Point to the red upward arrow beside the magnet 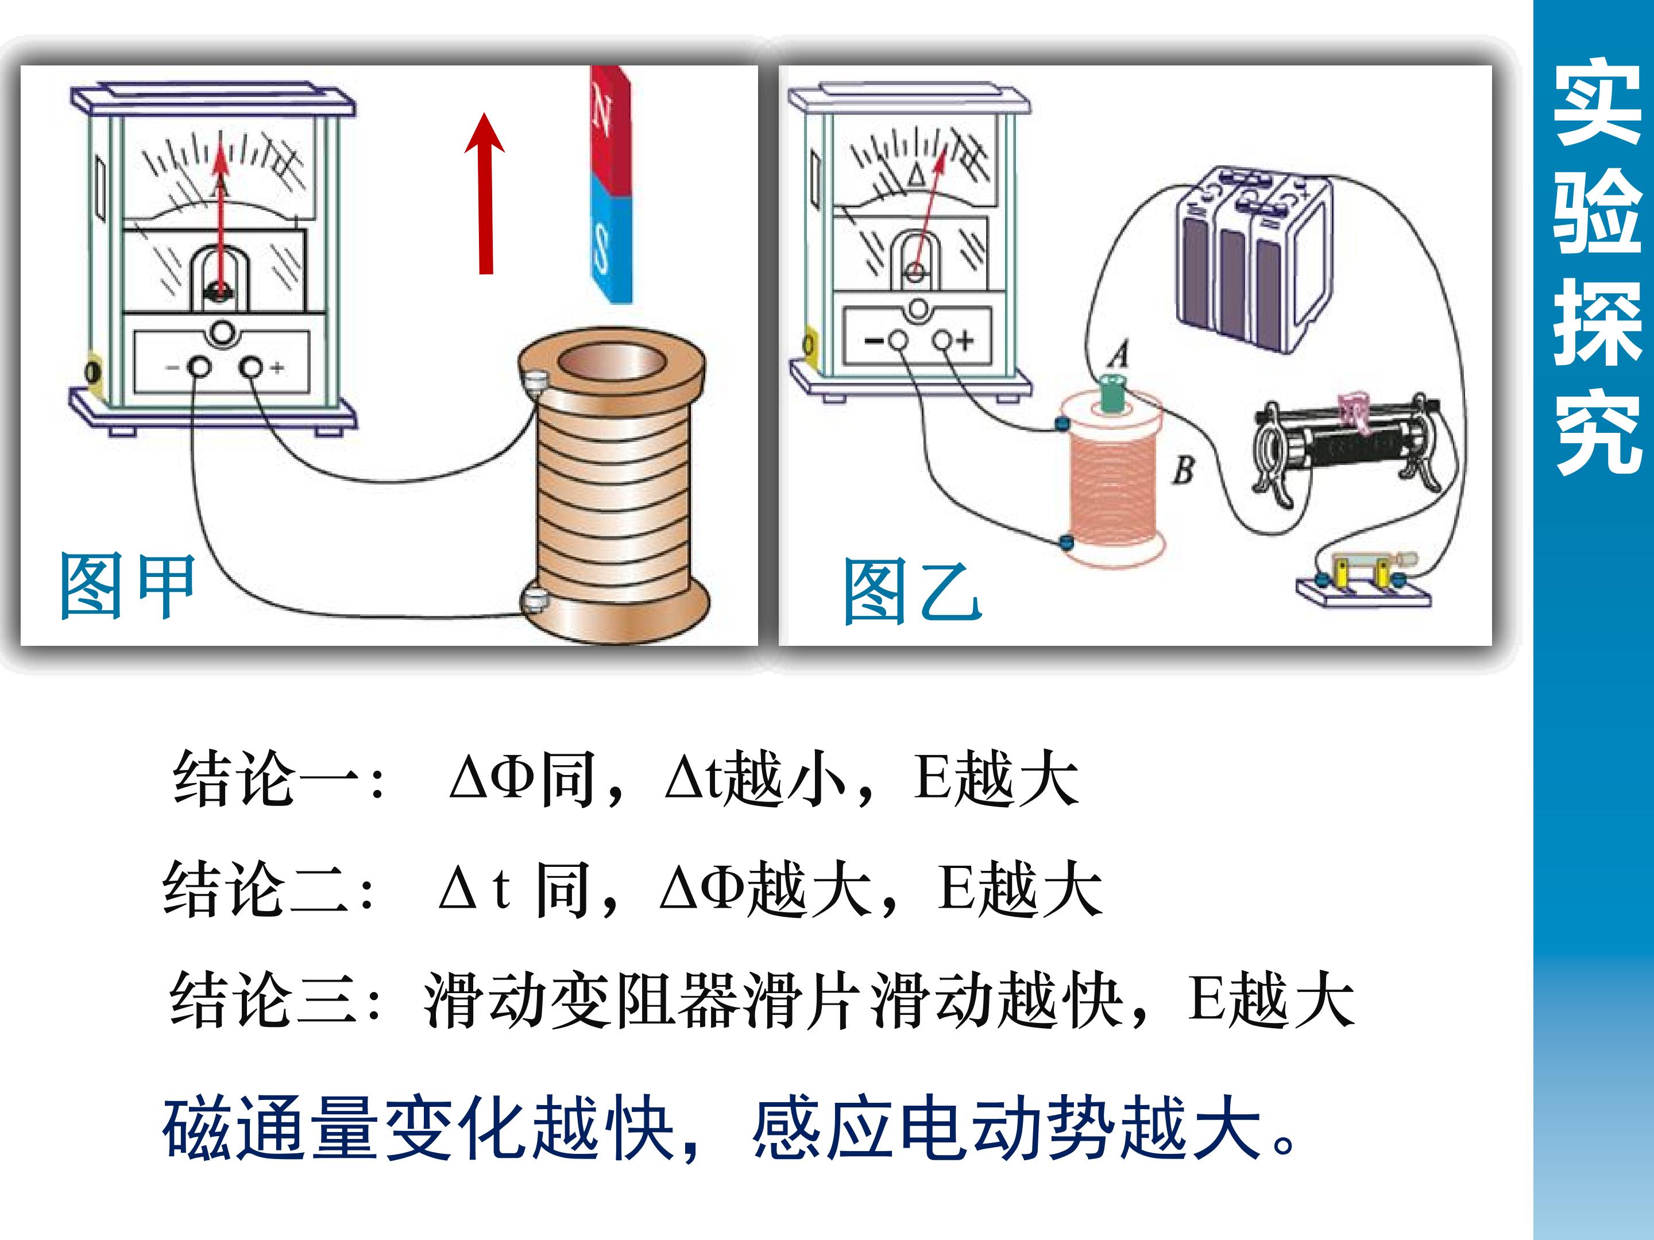coord(485,193)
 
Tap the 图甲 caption coord(126,587)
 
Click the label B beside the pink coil coord(1183,470)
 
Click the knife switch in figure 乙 coord(1363,579)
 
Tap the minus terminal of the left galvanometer coord(199,367)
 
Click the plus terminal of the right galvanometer coord(944,341)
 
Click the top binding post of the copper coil coord(534,383)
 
